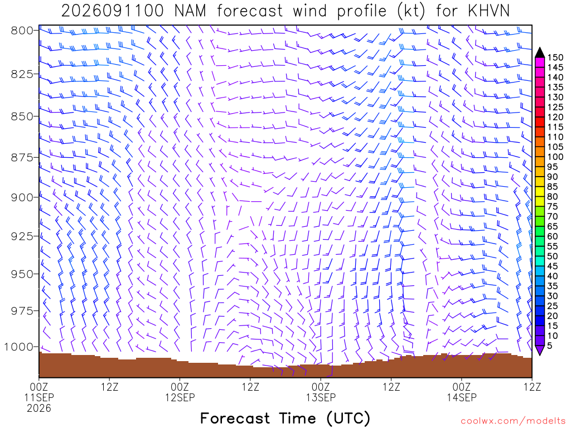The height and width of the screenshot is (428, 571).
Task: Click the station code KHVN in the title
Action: point(488,11)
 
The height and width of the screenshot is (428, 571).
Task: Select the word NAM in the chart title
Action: point(190,11)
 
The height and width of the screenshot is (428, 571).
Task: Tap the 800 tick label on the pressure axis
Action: point(22,31)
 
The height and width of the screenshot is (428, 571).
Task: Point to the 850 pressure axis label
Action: point(22,116)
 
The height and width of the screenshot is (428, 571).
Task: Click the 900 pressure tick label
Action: point(22,197)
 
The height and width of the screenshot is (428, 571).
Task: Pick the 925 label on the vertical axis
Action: point(22,236)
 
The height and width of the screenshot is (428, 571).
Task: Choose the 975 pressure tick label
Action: point(22,311)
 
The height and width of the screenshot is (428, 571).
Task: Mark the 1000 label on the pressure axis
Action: point(18,347)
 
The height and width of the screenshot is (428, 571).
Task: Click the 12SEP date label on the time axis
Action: point(180,397)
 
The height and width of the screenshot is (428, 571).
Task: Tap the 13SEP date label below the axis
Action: point(321,397)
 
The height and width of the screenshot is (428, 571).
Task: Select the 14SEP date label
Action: point(462,397)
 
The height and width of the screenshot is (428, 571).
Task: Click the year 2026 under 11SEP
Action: point(39,408)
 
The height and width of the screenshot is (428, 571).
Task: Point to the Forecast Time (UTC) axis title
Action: point(285,419)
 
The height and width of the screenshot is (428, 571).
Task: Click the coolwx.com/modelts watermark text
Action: point(513,421)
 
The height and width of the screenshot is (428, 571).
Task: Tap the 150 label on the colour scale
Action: point(555,57)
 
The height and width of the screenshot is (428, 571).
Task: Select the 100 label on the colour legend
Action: point(555,157)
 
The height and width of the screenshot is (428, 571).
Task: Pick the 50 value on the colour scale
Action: point(553,256)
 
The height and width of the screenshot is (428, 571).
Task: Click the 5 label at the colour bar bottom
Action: point(550,346)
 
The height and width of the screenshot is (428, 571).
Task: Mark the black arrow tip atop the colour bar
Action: point(540,48)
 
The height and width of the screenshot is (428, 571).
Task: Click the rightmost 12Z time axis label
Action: point(532,387)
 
